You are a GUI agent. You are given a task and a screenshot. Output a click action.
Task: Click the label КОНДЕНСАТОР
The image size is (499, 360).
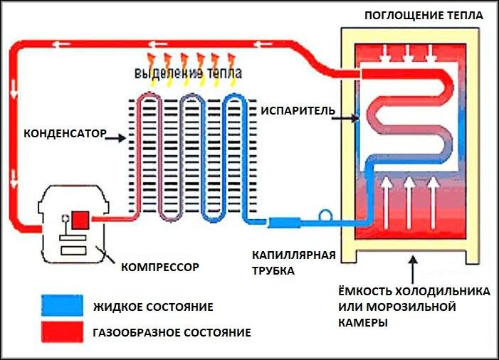pos(65,134)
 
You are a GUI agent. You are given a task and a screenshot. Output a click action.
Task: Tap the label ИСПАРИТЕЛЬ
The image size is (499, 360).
pos(298,111)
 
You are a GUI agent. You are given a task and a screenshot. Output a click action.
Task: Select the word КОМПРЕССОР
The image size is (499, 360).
pos(160,267)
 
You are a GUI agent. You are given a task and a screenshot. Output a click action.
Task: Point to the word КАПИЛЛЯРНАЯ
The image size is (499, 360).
pos(294,255)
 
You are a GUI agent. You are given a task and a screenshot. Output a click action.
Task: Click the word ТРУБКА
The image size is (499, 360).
pos(273,271)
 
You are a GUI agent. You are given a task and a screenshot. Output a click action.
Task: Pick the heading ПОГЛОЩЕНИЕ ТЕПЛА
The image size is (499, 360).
pos(424,15)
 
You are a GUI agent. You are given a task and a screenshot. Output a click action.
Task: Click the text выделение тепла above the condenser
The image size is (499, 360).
pos(188,73)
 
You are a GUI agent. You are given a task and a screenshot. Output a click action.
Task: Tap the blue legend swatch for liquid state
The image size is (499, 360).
pos(63,305)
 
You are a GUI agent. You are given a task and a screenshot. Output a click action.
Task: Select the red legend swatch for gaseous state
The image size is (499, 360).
pos(63,332)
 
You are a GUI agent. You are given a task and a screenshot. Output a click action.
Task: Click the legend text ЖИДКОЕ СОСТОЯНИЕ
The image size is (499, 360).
pos(153,307)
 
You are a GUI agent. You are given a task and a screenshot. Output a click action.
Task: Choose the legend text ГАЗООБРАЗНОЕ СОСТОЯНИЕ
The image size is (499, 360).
pos(172,333)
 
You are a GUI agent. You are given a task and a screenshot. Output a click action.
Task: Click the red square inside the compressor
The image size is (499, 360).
pos(80,220)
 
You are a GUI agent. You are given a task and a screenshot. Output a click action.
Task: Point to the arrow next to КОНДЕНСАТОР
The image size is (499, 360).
pos(115,138)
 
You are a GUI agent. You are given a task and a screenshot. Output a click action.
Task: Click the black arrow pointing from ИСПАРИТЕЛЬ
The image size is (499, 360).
pos(345,118)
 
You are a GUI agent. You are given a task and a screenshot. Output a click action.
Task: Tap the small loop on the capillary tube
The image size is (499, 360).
pos(325,215)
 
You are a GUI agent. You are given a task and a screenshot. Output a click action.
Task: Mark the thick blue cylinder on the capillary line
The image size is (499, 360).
pos(284,222)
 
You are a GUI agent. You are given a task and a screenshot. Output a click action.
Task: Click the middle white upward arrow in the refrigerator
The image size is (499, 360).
pos(409,203)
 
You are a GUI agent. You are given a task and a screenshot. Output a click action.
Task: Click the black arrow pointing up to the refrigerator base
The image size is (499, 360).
pos(413,270)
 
